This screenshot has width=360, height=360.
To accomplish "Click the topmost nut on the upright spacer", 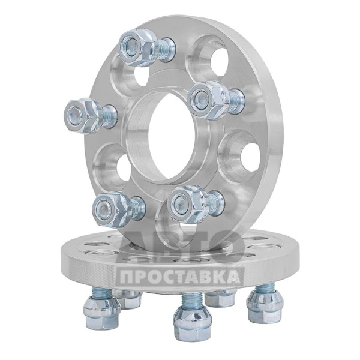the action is coord(139,47).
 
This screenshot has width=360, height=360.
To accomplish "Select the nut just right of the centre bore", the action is coord(208,101).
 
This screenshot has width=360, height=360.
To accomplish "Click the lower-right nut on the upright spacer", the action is coord(188,205).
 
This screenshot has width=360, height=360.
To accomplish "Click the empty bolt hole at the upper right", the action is coord(218,59).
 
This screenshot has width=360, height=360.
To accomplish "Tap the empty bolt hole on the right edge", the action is coord(250,155).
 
